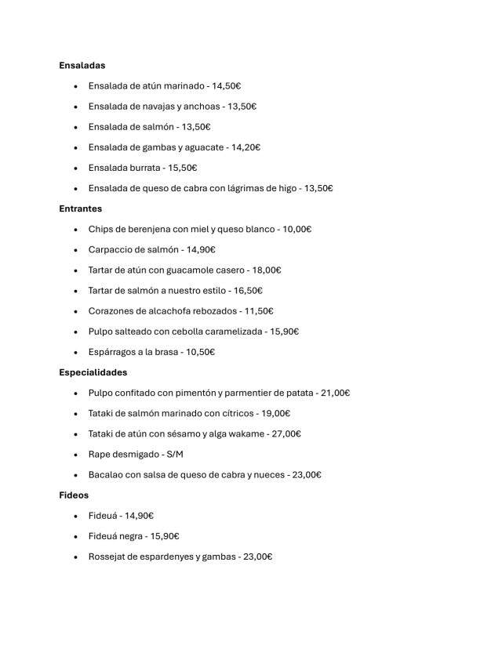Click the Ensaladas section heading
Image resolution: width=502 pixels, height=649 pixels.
(82, 65)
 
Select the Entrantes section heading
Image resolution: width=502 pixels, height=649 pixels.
(80, 208)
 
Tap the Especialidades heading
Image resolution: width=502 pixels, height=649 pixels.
(93, 372)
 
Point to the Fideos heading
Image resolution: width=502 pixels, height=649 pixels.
(74, 495)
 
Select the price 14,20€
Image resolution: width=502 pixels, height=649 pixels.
(246, 147)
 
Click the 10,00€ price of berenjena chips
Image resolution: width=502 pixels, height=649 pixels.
(297, 230)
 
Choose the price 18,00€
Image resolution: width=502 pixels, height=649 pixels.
(267, 270)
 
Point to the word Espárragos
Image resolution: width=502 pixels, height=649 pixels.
(113, 352)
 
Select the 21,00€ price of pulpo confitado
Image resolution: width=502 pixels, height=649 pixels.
(335, 393)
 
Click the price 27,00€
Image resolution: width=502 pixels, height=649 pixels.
(286, 433)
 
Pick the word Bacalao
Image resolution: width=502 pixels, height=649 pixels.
(107, 475)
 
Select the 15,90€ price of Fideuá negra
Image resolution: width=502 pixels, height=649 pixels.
(165, 536)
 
